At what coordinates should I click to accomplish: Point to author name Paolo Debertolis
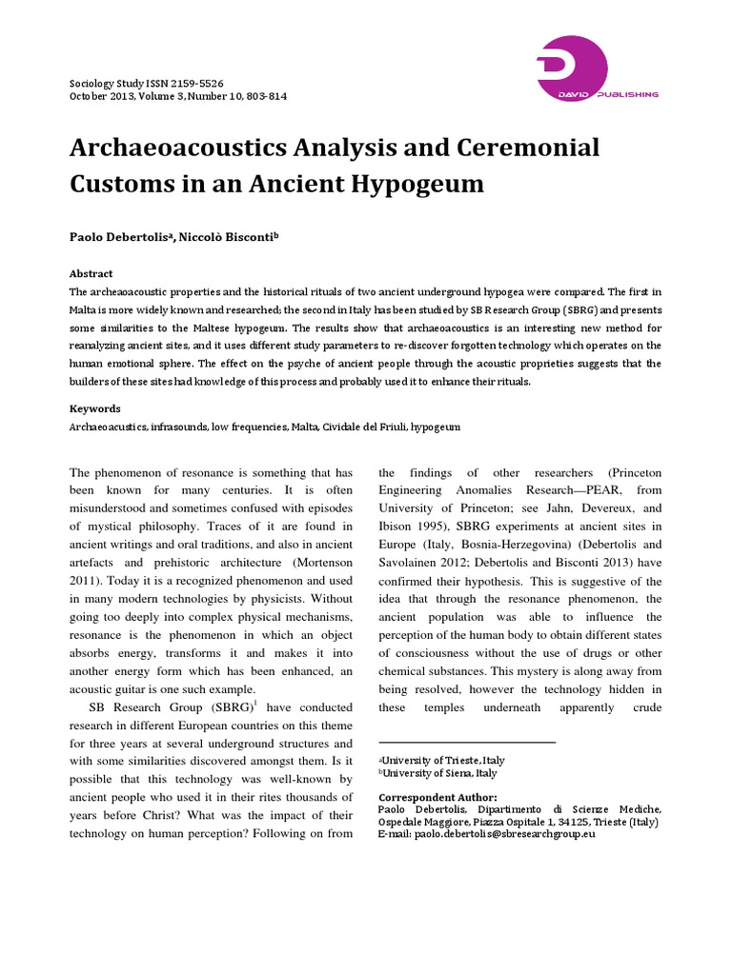click(120, 236)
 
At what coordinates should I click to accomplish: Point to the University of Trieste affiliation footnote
click(444, 760)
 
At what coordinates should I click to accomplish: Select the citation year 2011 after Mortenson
click(91, 579)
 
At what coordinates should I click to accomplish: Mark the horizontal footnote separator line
click(467, 742)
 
